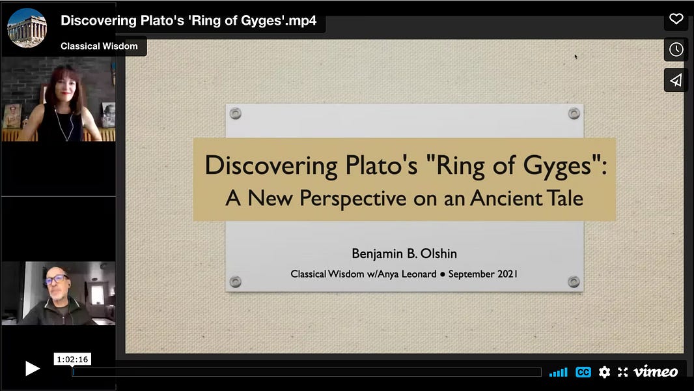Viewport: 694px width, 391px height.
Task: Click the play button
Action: pyautogui.click(x=32, y=369)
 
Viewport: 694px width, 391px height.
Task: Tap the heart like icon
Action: pyautogui.click(x=676, y=19)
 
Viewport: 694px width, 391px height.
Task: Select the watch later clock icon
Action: pyautogui.click(x=676, y=50)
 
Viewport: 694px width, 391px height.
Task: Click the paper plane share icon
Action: pyautogui.click(x=676, y=80)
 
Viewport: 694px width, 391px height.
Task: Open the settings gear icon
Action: pyautogui.click(x=604, y=372)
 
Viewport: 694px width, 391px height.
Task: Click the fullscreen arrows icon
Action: pyautogui.click(x=622, y=372)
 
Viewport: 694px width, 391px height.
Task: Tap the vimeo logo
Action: pyautogui.click(x=656, y=372)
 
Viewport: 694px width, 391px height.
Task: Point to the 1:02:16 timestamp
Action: pyautogui.click(x=72, y=359)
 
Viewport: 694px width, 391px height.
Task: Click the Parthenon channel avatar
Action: pyautogui.click(x=27, y=28)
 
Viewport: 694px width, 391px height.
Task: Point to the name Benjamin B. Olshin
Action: pyautogui.click(x=404, y=253)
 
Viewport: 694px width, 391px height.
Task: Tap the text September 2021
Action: pyautogui.click(x=482, y=274)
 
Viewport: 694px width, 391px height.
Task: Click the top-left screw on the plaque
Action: pyautogui.click(x=236, y=114)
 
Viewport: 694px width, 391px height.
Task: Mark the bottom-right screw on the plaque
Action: pyautogui.click(x=574, y=282)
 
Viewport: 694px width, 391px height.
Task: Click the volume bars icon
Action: pyautogui.click(x=558, y=372)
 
